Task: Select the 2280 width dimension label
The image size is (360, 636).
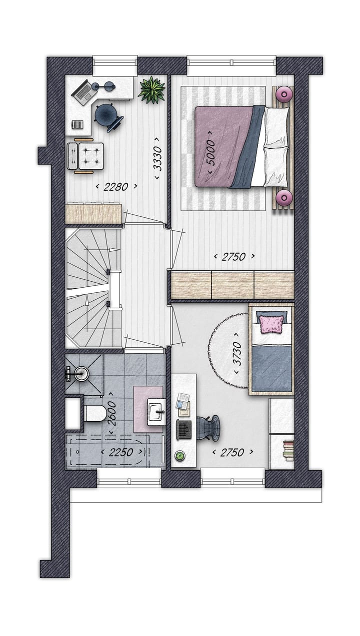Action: (x=116, y=187)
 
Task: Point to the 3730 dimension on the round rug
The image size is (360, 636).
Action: (x=237, y=354)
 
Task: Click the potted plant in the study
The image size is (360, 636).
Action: (x=151, y=90)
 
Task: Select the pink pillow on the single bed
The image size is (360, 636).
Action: (x=271, y=324)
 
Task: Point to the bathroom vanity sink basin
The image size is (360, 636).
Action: (x=156, y=412)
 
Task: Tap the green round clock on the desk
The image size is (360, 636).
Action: (x=180, y=456)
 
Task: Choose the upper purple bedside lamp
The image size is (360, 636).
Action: (x=284, y=93)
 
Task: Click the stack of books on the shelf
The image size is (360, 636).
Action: (x=288, y=450)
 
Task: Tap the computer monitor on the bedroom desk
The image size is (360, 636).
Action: (x=184, y=429)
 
